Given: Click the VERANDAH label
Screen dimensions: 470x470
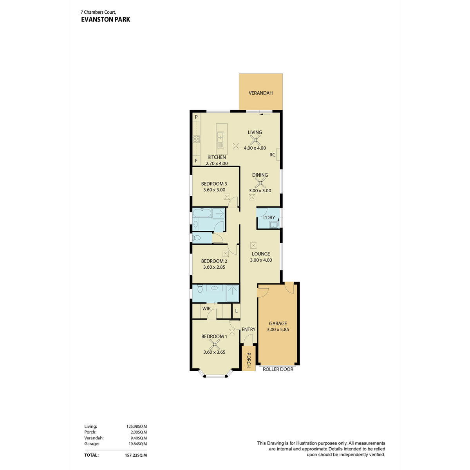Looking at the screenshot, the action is (260, 93).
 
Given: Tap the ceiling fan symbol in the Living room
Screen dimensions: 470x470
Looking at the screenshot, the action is (255, 140).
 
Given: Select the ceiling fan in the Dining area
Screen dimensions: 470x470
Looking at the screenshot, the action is (260, 183).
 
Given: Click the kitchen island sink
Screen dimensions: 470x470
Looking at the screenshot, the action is (220, 137).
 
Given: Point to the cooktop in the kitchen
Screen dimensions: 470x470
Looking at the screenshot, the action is (196, 139).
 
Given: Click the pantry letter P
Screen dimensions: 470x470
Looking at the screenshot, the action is (196, 117).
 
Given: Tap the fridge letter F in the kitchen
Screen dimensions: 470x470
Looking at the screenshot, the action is (196, 161).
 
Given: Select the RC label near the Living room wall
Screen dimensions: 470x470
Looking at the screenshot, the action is (272, 155).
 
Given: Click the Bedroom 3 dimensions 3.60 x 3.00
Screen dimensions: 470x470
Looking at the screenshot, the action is (214, 190).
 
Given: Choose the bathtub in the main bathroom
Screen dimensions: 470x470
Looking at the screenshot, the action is (202, 213).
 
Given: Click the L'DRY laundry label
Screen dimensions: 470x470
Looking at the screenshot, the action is (269, 217).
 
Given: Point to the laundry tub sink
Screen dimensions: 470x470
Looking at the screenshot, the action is (274, 224).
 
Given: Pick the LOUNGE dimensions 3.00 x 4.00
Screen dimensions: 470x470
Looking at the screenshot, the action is (261, 260).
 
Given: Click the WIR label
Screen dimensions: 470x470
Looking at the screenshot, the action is (206, 309).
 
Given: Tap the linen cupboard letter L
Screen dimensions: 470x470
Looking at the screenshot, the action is (236, 311).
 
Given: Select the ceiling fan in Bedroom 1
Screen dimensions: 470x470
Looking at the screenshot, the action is (214, 344).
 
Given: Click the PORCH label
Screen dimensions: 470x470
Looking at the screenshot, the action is (249, 360).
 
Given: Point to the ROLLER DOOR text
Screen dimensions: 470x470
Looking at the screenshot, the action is (278, 369).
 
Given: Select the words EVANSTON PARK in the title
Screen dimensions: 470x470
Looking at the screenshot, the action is (106, 20).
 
